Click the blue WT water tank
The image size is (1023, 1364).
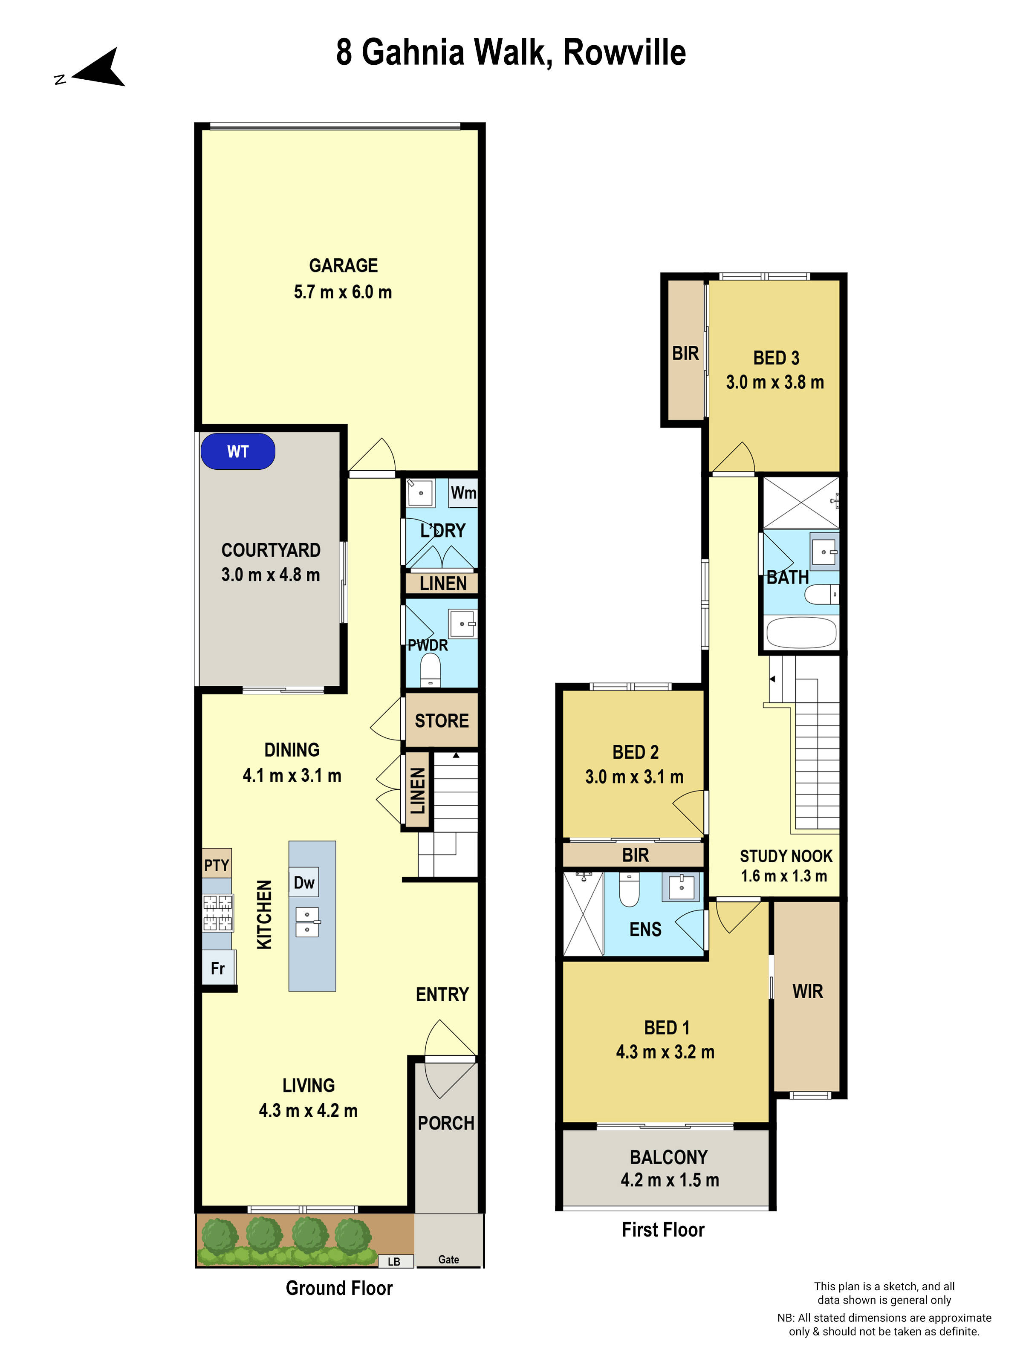click(237, 451)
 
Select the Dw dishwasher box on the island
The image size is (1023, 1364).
click(304, 882)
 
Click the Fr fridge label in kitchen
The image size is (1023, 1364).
click(218, 968)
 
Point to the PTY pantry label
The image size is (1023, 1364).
click(217, 865)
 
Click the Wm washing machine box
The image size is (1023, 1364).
click(462, 493)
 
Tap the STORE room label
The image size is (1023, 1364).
click(442, 720)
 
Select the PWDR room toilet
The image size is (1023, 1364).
click(431, 670)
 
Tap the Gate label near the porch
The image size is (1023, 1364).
click(448, 1259)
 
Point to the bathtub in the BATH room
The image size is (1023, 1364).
click(800, 633)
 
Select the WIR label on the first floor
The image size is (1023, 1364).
click(807, 991)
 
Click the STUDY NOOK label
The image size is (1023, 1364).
click(786, 856)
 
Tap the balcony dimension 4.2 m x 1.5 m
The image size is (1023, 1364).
click(670, 1179)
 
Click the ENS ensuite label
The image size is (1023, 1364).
click(645, 929)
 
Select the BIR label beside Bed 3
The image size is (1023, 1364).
click(685, 353)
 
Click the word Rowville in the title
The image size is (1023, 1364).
click(624, 52)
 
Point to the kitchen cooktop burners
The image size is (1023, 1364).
click(218, 913)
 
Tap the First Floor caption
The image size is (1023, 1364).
click(663, 1230)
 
